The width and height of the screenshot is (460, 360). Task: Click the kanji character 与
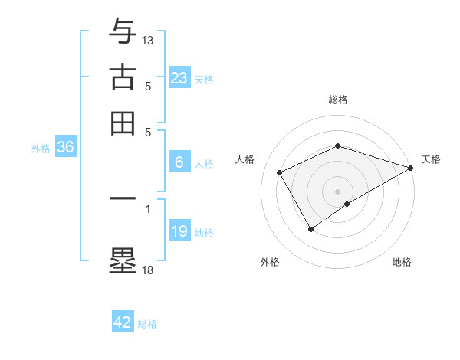123,31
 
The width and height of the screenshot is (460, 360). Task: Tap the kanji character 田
123,123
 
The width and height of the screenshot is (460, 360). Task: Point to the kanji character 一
123,198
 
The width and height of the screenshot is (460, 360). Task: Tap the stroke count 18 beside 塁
148,269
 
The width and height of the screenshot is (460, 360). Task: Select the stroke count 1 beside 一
148,208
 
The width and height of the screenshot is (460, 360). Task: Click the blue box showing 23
179,77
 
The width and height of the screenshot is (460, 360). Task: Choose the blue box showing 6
179,162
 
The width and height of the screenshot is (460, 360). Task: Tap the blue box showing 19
179,231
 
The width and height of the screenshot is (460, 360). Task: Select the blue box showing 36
65,147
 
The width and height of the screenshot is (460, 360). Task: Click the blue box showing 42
123,322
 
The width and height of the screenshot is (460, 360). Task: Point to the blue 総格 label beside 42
147,324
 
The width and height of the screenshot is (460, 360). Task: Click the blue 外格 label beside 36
41,149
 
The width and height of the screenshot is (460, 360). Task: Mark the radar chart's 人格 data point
280,172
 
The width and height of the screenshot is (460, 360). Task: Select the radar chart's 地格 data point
347,204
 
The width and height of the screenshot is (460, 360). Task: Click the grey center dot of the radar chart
337,191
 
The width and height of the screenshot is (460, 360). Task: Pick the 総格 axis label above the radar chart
337,100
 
